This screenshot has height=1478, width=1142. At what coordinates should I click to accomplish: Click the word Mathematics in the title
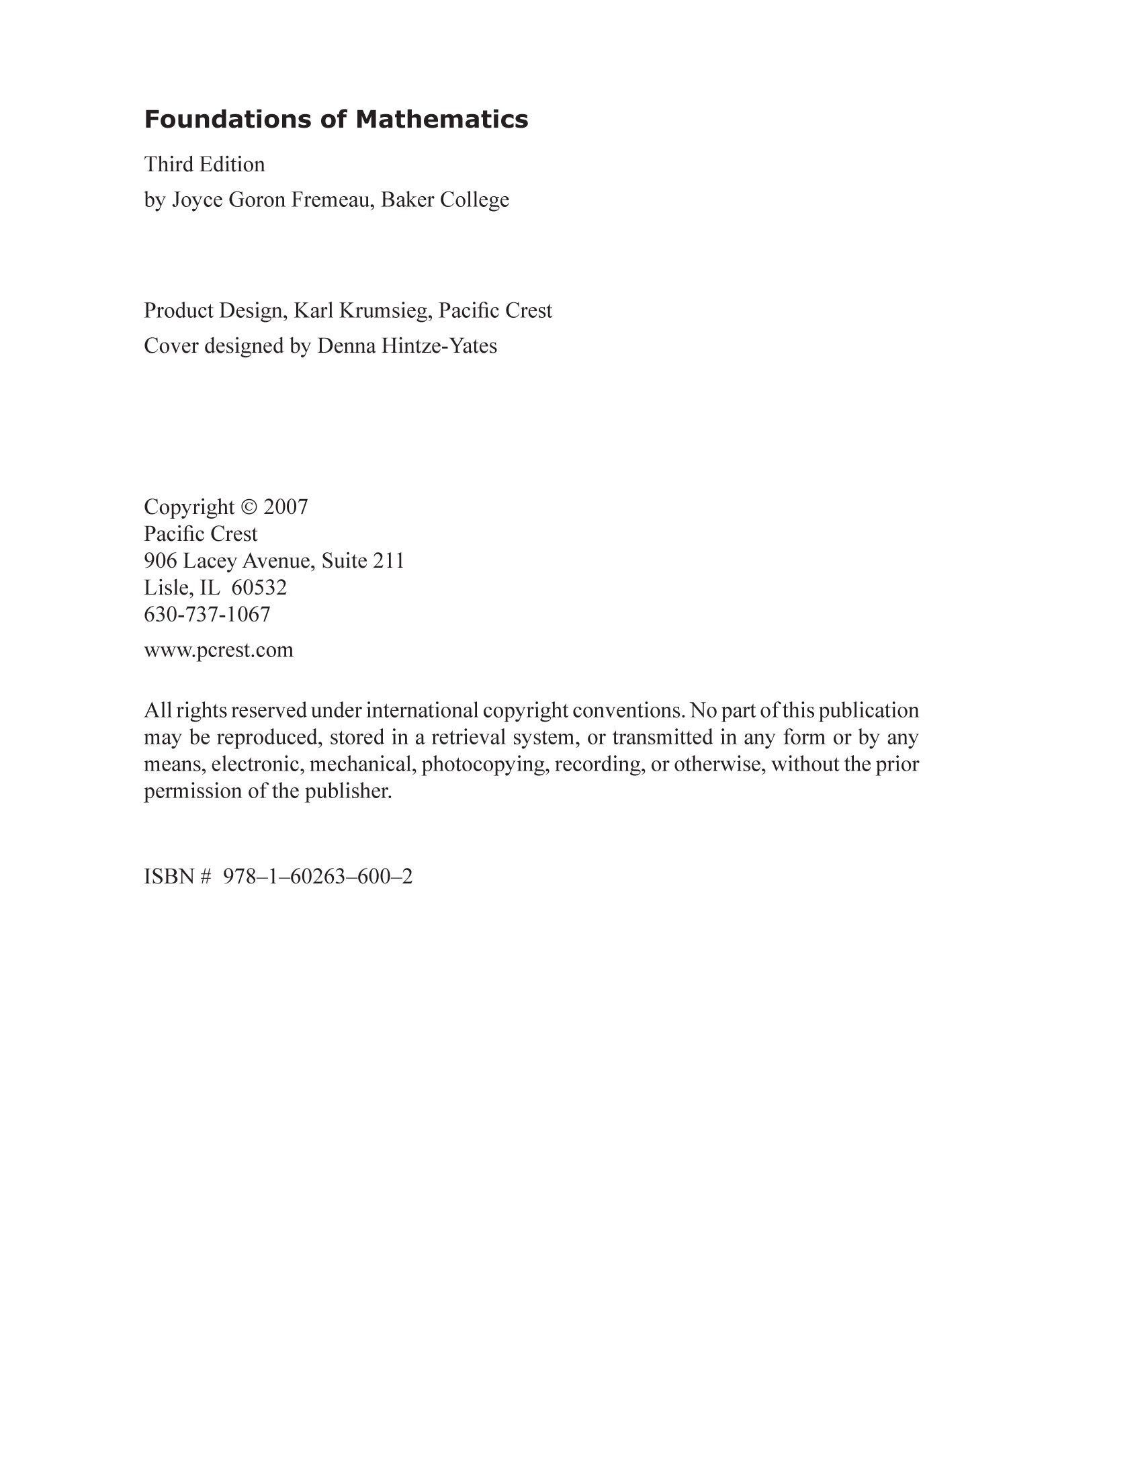pos(442,120)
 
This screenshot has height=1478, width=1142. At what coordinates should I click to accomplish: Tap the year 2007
pos(286,507)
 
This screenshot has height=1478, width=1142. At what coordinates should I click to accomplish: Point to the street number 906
pos(161,560)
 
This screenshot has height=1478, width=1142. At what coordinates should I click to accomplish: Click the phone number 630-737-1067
pos(207,614)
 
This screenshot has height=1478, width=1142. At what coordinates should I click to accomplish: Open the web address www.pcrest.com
pos(218,650)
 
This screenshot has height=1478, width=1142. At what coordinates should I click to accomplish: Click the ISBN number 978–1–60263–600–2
pos(317,876)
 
